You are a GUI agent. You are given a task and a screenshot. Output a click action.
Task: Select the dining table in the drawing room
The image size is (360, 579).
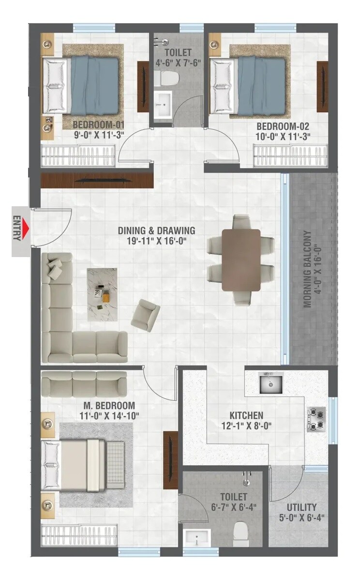click(240, 259)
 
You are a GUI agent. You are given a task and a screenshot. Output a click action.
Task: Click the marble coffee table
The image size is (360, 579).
click(101, 293)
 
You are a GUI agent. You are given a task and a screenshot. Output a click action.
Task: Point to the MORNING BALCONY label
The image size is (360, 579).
click(312, 269)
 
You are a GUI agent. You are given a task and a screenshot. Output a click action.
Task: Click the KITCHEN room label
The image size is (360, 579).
click(246, 415)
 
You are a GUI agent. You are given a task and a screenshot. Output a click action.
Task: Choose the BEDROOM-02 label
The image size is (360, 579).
click(283, 127)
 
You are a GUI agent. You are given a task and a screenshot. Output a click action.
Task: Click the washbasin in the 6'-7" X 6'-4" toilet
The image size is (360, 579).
click(197, 538)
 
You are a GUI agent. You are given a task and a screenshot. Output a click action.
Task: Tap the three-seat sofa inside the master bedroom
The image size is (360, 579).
click(84, 384)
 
